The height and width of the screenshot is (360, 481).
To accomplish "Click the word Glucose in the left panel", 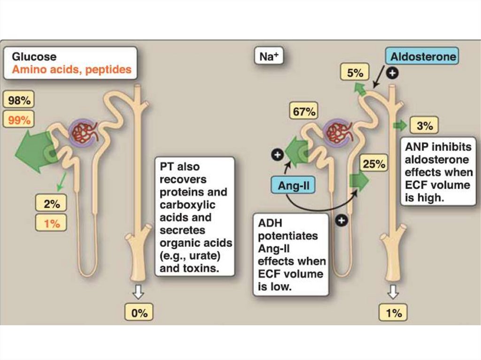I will click(34, 57).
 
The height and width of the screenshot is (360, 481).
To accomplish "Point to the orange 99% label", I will click(19, 120).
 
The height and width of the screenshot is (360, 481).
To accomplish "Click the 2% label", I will click(52, 204).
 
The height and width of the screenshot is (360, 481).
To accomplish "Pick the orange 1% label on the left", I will click(52, 223).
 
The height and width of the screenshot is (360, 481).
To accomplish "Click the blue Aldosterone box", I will click(423, 57).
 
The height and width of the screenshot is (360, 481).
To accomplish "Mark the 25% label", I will click(374, 164).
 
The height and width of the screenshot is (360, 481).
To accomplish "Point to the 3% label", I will click(425, 126).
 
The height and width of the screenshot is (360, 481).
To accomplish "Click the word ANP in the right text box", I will click(416, 146).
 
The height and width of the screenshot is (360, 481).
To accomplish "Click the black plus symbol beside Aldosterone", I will click(392, 73).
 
